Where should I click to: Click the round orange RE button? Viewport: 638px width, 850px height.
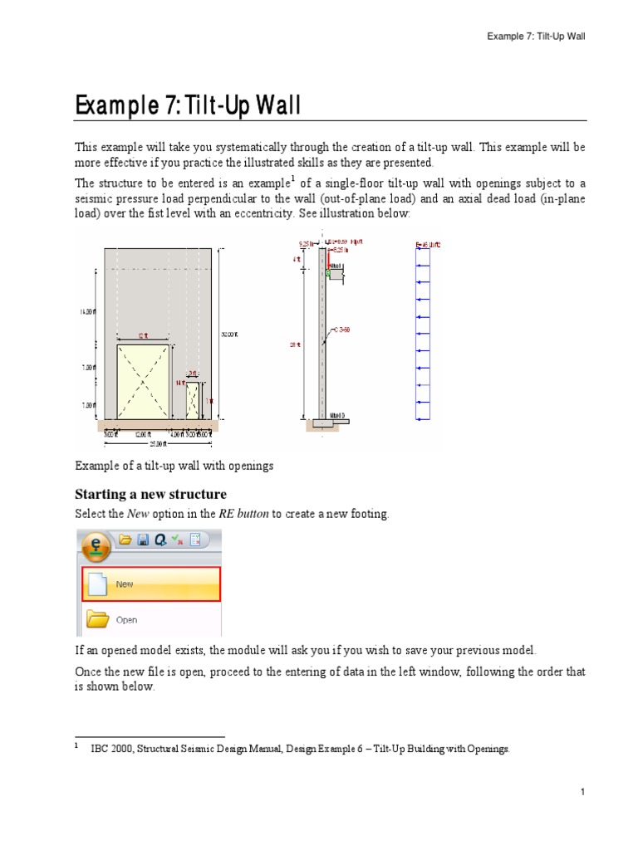click(98, 548)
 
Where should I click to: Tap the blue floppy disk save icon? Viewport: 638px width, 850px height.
click(143, 540)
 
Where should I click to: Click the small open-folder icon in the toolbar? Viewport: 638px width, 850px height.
click(125, 540)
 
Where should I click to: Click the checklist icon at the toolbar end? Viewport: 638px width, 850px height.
click(196, 540)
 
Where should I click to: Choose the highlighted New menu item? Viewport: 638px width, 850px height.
click(150, 584)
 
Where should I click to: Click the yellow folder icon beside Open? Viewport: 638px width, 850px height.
click(98, 619)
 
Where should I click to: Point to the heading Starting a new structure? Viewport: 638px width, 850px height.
click(150, 495)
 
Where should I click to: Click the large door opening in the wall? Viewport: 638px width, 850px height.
click(145, 383)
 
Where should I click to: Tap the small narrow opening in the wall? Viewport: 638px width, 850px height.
click(193, 400)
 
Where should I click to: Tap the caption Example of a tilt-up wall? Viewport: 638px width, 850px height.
click(174, 466)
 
